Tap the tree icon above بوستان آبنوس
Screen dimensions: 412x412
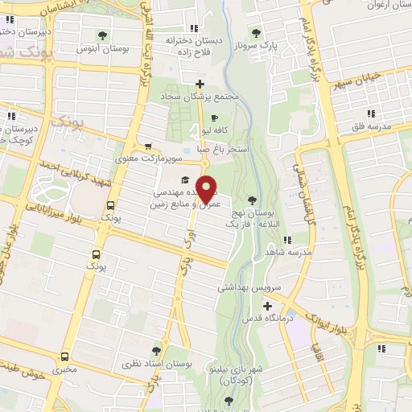click(102, 35)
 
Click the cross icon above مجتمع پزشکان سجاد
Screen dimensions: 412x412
click(200, 84)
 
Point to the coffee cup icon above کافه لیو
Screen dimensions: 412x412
click(214, 117)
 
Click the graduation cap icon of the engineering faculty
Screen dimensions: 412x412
click(184, 179)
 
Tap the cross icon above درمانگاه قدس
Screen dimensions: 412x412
click(267, 306)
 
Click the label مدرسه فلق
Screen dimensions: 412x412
click(370, 127)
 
